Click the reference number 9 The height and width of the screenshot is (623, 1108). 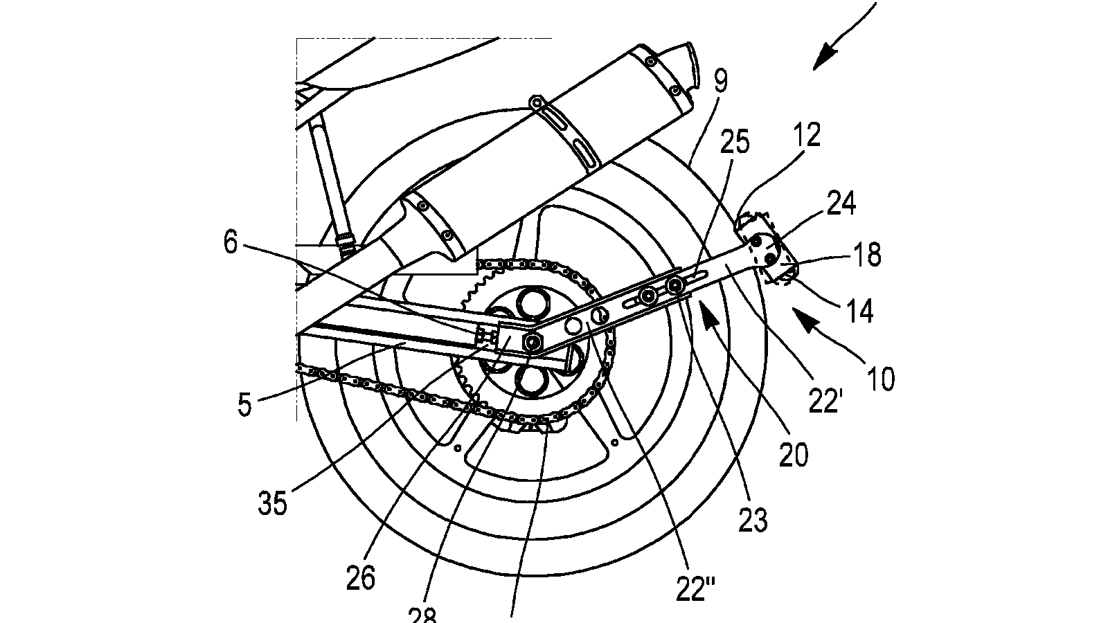point(720,82)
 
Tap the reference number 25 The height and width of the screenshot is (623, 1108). point(735,142)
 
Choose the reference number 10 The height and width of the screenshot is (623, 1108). point(879,378)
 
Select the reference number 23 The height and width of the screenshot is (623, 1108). point(753,519)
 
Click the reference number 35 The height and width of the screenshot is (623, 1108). point(272,503)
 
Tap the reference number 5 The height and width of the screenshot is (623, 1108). point(244,405)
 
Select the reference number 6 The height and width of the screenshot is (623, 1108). point(231,243)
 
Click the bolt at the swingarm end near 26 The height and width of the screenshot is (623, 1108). point(532,343)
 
